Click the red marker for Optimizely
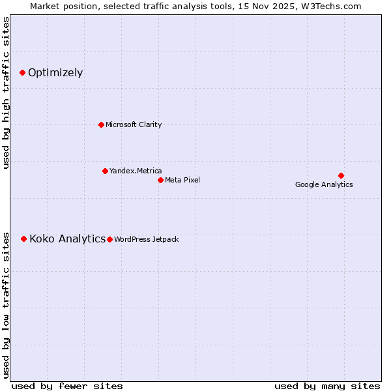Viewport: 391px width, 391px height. (22, 72)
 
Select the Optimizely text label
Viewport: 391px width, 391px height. (55, 72)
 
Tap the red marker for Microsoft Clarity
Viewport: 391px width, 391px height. (101, 124)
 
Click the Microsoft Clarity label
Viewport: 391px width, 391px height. (134, 124)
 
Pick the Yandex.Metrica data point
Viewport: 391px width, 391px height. (105, 171)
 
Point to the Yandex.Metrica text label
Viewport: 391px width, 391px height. (136, 171)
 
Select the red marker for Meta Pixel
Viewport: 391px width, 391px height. (160, 180)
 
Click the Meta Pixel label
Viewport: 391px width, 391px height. (182, 180)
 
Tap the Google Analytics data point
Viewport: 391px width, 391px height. (341, 175)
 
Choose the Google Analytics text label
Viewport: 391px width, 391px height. (324, 184)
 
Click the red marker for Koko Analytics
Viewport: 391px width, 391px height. (24, 239)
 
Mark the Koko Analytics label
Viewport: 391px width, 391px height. (67, 239)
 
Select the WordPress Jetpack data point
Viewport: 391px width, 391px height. (109, 239)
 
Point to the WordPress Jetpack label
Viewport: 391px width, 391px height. (146, 239)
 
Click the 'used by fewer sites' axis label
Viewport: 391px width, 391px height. (67, 386)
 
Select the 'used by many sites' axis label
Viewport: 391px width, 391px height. (327, 386)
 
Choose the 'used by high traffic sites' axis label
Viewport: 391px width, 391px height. (7, 93)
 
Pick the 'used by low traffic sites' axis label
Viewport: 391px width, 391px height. (7, 304)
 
